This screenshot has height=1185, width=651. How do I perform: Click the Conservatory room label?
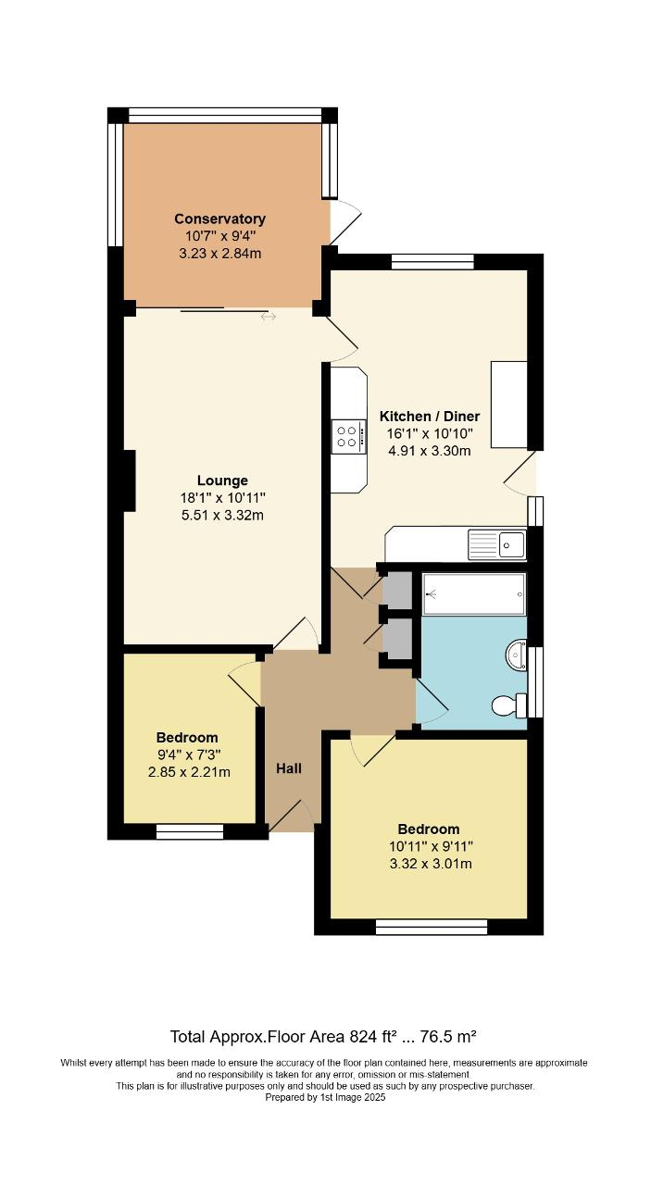click(220, 219)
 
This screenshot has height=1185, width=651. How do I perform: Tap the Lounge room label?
click(222, 480)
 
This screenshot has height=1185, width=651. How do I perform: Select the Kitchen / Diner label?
click(428, 417)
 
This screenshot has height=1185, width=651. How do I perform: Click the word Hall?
click(289, 768)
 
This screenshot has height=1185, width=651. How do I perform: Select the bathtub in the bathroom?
click(474, 593)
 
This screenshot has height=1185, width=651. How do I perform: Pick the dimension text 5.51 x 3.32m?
click(222, 516)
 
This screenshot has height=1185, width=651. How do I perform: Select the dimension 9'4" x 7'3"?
click(187, 755)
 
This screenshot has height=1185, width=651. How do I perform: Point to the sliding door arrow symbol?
click(269, 318)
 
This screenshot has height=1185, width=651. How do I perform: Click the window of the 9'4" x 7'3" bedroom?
click(190, 831)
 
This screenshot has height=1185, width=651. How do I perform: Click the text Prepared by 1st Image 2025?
click(325, 1098)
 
